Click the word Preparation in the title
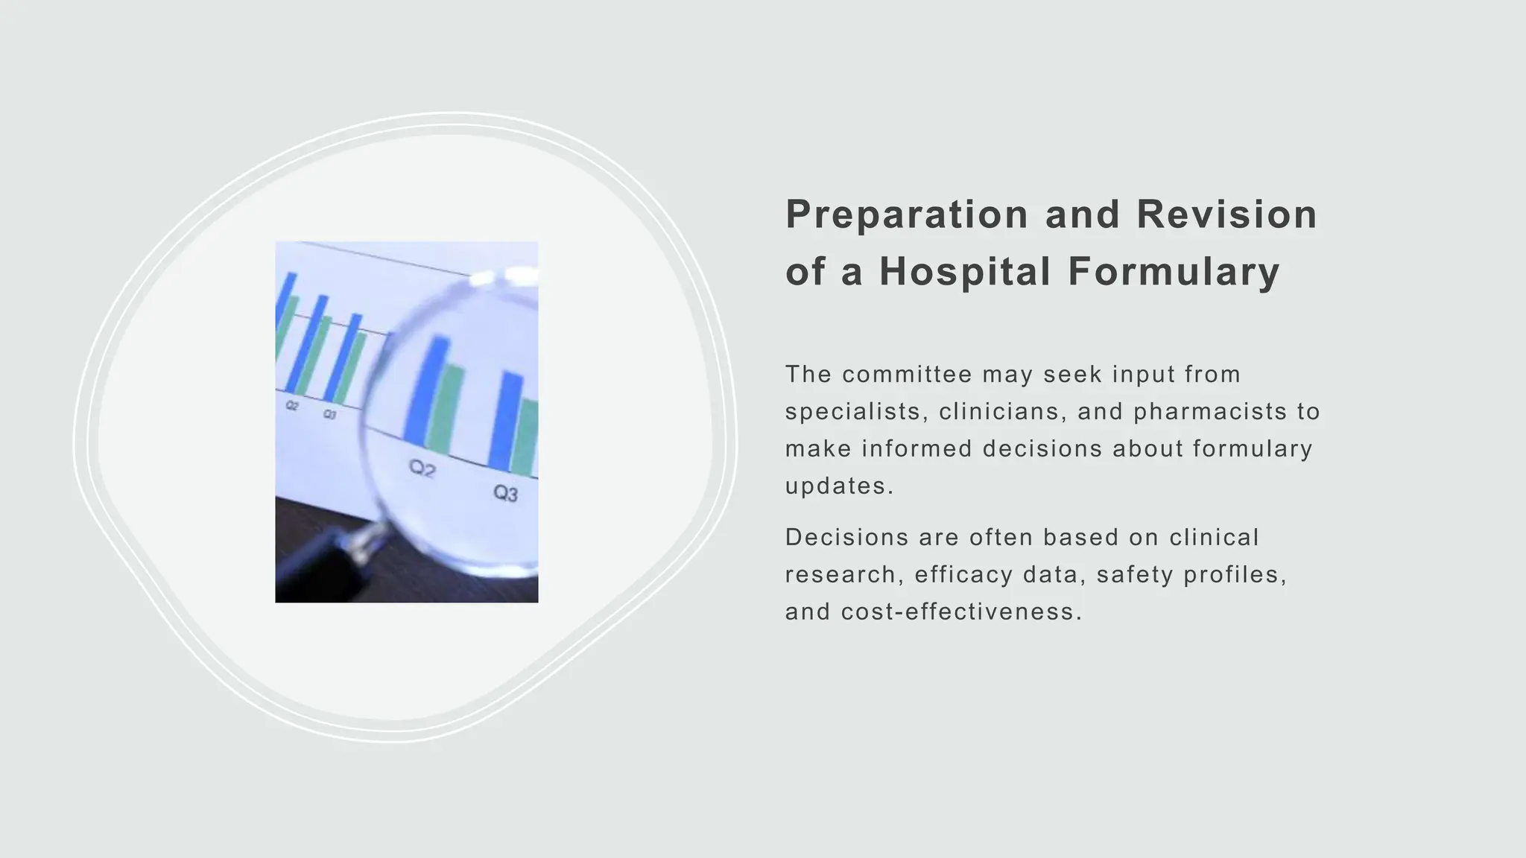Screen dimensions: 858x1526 (907, 214)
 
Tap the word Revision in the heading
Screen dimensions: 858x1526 (1226, 214)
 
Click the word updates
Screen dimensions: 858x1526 (838, 486)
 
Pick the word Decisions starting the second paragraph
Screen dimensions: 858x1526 (846, 537)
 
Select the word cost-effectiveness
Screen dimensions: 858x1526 (961, 611)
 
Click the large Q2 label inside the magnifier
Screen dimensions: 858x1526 (422, 468)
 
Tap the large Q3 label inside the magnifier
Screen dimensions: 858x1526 (505, 493)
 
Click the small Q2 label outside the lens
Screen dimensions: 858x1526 (292, 406)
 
